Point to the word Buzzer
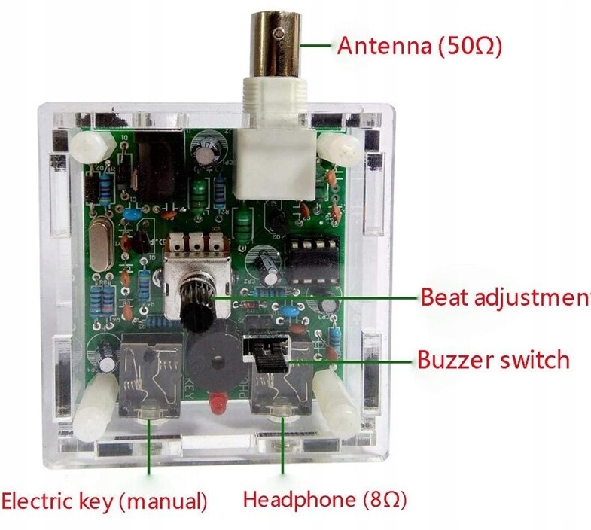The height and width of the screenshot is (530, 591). [455, 359]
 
